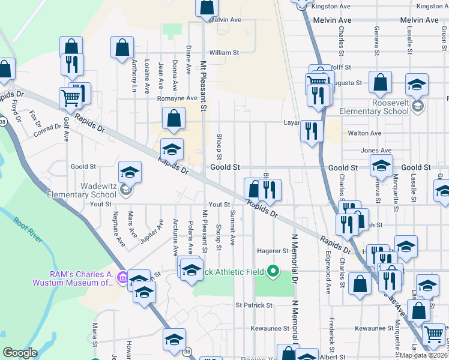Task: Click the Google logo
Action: click(20, 353)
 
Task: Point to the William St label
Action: click(224, 53)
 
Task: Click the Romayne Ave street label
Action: click(177, 98)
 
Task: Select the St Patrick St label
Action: click(254, 305)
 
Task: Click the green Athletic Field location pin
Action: click(274, 271)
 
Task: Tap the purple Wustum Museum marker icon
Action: click(122, 278)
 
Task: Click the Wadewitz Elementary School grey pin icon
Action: click(125, 191)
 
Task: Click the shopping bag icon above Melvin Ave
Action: click(206, 7)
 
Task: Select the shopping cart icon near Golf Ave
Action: click(71, 97)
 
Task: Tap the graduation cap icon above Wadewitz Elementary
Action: click(130, 173)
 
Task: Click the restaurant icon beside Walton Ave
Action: click(311, 131)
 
